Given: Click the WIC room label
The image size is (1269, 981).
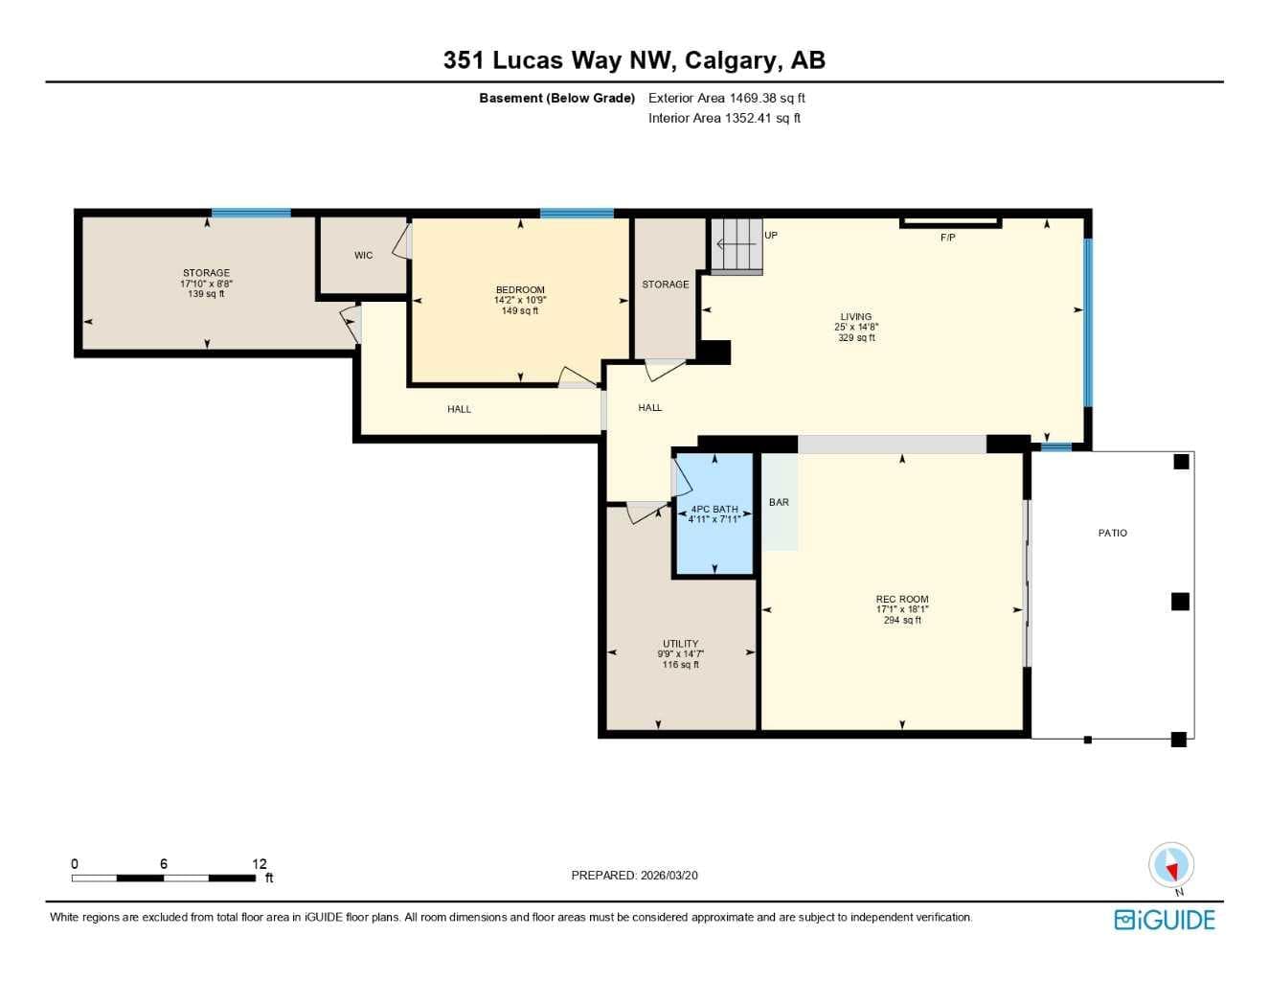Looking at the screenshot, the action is (363, 255).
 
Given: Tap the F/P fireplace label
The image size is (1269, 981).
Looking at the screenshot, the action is (947, 238).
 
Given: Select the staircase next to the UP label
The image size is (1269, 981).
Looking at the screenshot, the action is (736, 245).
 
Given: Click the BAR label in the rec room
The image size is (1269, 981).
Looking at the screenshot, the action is (779, 502).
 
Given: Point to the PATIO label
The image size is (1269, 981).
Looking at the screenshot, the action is (1113, 533).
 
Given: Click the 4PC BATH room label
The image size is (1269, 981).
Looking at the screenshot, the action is (714, 510).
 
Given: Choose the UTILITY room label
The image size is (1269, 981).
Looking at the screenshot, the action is (680, 644).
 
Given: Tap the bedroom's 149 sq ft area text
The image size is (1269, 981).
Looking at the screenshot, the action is (520, 310).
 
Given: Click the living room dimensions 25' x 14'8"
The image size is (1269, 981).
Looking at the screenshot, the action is (856, 327).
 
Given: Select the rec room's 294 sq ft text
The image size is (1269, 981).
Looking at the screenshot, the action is (902, 620).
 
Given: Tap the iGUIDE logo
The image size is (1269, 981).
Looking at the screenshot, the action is (1165, 920).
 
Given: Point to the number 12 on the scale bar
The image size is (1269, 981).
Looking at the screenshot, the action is (260, 863).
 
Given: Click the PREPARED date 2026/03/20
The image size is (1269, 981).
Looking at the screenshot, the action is (669, 876).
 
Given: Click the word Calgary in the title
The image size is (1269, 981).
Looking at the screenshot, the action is (734, 60).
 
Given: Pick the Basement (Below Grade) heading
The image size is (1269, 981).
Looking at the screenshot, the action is (557, 98).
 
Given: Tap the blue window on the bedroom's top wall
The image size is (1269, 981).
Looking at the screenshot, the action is (577, 213).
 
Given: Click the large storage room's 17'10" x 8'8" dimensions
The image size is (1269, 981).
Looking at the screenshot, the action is (206, 284).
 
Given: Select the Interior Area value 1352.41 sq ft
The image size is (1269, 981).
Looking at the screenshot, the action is (762, 118).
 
